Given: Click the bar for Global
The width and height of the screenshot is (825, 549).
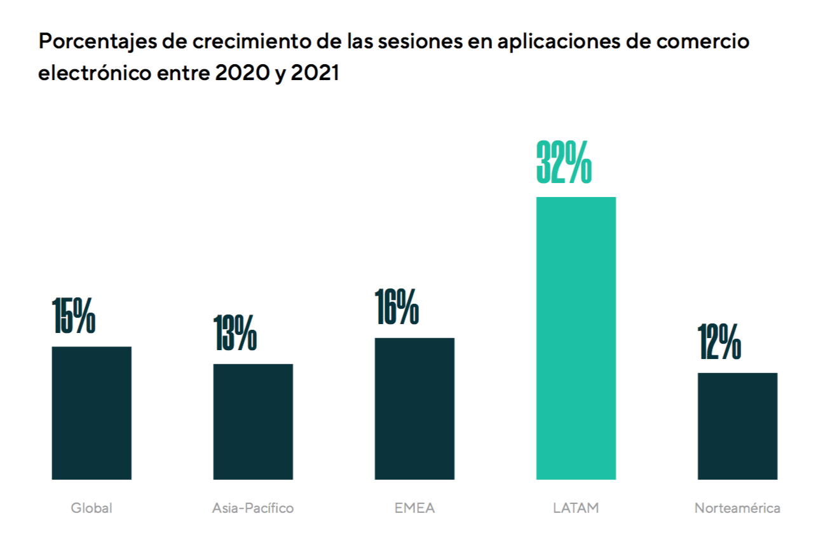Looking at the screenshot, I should [92, 413].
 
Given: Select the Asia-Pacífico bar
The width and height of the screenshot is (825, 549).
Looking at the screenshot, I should [253, 421].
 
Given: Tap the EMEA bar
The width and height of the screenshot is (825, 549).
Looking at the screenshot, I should [414, 409].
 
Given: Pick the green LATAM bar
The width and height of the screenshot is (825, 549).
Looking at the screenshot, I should [576, 338].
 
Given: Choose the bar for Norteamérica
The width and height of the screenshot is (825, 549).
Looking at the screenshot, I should [737, 426].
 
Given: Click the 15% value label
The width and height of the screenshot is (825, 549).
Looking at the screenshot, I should [74, 315].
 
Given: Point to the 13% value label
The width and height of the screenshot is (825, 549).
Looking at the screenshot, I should [235, 332].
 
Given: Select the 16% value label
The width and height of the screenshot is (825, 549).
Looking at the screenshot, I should [397, 306].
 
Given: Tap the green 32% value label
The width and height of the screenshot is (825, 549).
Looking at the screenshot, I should [564, 163].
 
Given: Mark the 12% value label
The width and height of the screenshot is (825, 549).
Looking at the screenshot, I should [719, 341].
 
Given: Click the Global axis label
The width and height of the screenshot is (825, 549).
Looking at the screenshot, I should [92, 508].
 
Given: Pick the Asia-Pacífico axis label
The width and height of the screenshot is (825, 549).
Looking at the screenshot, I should [253, 508].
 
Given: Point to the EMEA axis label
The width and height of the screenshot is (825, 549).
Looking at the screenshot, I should [414, 508].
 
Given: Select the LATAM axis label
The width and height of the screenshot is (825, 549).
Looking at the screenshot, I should [576, 508].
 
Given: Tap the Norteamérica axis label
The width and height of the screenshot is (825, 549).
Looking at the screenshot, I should [737, 508].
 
